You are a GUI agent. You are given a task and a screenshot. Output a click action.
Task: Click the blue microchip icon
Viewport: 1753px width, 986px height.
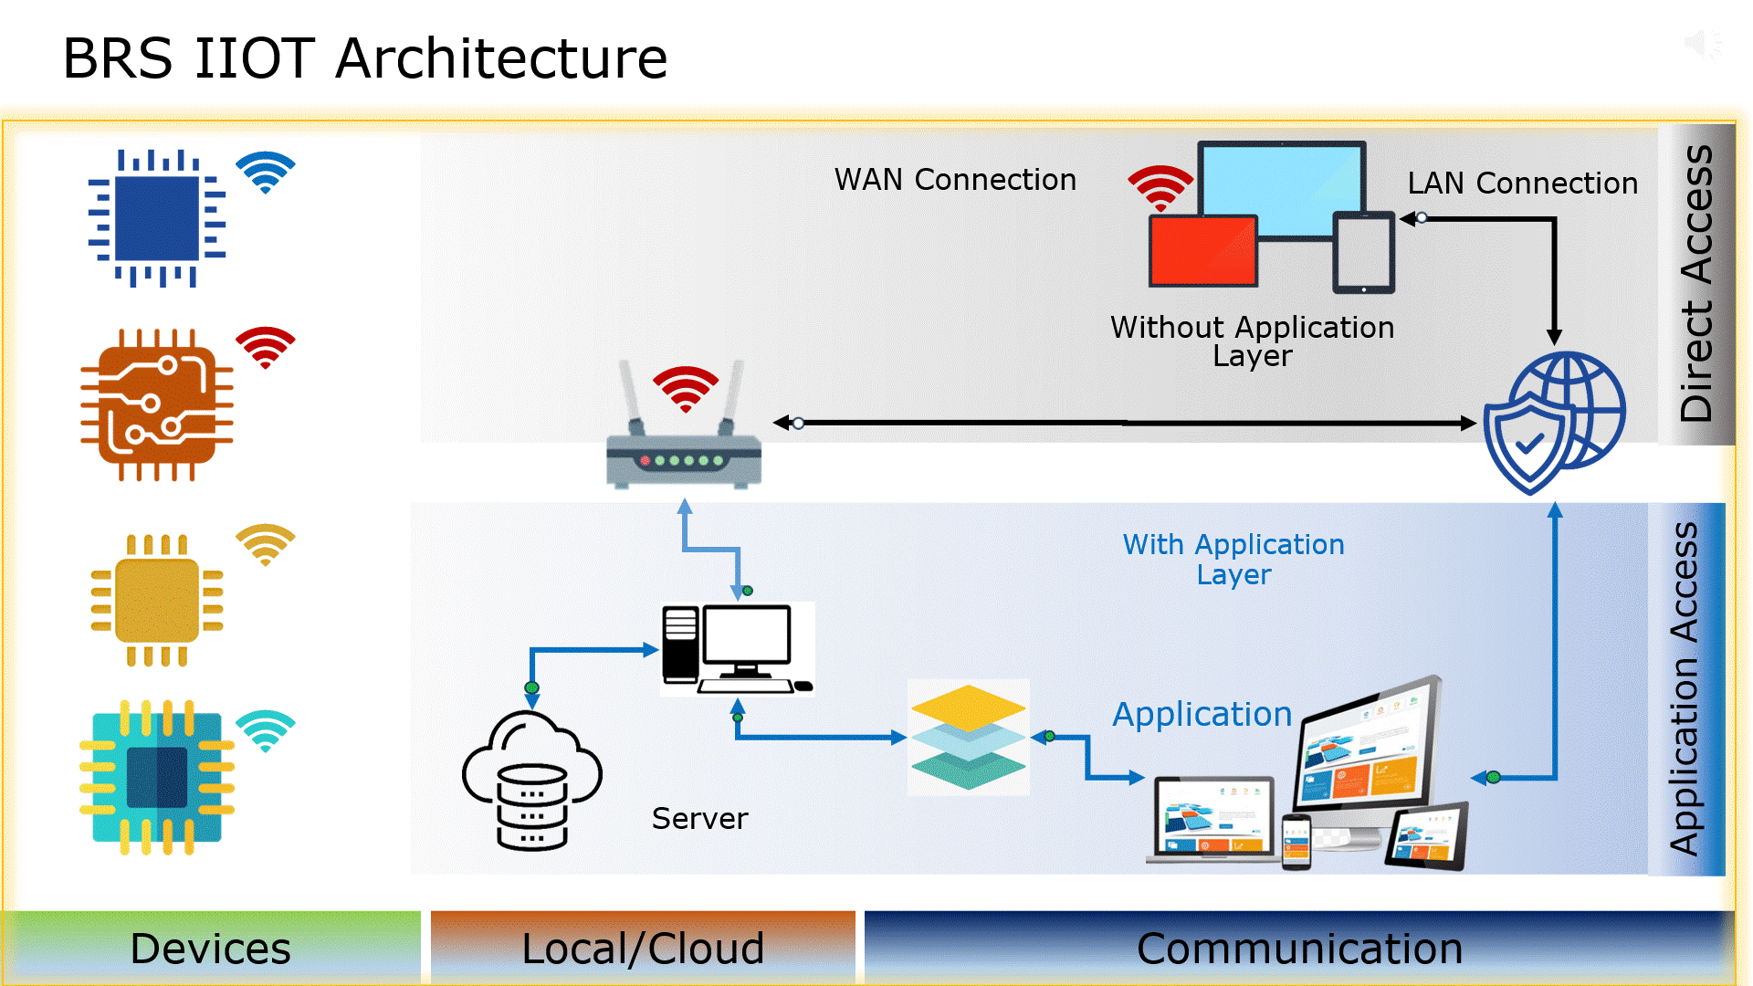pos(157,219)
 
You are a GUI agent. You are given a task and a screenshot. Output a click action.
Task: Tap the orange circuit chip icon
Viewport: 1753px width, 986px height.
pos(157,405)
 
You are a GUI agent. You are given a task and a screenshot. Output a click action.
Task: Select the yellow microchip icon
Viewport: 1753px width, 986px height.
pos(157,601)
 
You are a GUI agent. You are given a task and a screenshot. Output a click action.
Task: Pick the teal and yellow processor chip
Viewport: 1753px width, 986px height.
pos(157,778)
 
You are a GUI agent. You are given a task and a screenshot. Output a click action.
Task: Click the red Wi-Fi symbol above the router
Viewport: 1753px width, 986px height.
pos(686,389)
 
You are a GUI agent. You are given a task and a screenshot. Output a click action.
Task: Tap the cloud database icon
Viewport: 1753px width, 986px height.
pos(531,781)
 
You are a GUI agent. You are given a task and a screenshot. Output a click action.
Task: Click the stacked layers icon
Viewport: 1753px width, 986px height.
pos(969,737)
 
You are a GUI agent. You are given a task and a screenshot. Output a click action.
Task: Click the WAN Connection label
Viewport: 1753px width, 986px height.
pos(955,180)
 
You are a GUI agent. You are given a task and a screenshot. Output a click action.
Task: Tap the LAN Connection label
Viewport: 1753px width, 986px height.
pos(1522,184)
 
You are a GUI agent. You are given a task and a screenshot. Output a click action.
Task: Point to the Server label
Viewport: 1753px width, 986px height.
pos(699,819)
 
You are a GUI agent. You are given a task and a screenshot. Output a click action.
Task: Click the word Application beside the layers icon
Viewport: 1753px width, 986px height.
pos(1202,714)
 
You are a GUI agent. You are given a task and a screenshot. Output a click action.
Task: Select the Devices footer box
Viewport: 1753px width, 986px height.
pos(211,949)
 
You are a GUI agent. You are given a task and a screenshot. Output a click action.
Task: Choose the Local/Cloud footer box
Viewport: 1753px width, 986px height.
pos(643,949)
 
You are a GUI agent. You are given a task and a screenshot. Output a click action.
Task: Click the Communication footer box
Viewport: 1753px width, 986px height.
pos(1298,949)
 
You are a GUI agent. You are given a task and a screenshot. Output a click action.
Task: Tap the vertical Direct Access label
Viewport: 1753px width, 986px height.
pos(1696,283)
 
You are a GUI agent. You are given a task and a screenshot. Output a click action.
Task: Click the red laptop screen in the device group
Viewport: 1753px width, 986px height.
pos(1203,251)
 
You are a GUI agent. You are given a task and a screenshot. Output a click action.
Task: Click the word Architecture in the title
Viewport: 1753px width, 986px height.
pos(501,58)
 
